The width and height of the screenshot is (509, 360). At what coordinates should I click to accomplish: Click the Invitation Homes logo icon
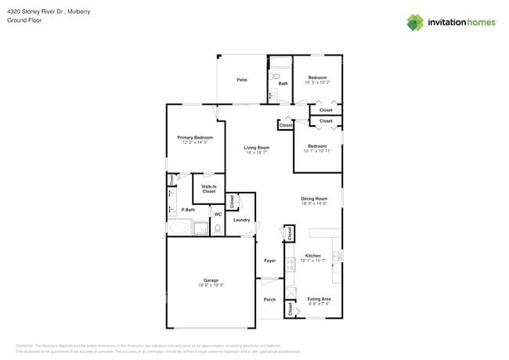(415, 22)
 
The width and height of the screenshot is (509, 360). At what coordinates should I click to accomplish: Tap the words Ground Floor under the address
(23, 21)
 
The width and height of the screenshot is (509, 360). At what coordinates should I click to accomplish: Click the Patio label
(243, 80)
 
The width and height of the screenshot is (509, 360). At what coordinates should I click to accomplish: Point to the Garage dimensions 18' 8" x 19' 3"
(211, 285)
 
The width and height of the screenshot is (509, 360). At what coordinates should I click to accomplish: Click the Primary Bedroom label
(195, 138)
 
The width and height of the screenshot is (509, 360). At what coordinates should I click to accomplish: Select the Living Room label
(256, 147)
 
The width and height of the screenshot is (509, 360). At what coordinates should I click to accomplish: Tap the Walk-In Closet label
(209, 189)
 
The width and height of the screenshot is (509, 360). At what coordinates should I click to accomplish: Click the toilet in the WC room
(218, 229)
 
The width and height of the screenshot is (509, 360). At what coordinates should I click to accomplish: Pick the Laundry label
(242, 220)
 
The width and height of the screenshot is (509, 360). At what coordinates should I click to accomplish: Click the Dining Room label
(314, 199)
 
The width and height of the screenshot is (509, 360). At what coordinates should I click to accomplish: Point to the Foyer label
(269, 261)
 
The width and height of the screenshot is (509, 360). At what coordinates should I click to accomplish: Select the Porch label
(269, 300)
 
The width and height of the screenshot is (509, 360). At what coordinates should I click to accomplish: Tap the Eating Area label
(319, 300)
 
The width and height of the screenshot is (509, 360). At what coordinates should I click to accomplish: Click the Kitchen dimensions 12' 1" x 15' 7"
(313, 261)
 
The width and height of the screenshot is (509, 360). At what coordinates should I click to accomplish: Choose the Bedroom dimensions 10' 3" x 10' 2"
(317, 82)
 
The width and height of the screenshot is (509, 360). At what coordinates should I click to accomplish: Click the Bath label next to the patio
(283, 83)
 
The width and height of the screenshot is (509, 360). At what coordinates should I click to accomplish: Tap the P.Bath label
(188, 210)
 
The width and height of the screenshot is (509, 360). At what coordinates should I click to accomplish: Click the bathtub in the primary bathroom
(179, 229)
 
